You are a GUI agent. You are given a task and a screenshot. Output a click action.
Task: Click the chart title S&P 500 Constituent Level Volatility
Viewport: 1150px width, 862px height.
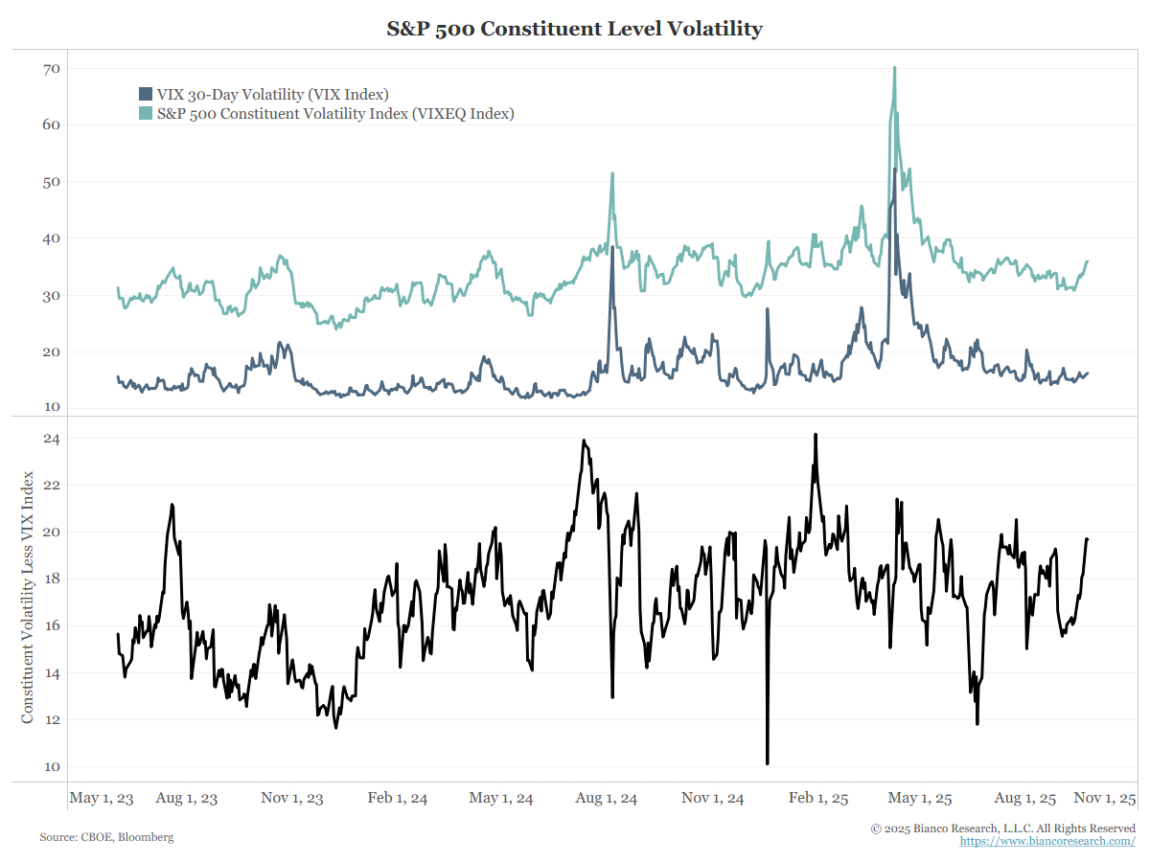pos(574,29)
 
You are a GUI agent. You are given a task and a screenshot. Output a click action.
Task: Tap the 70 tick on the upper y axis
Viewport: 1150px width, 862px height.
pos(51,69)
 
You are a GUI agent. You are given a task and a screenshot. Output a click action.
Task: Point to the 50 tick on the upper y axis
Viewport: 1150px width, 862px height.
pos(51,182)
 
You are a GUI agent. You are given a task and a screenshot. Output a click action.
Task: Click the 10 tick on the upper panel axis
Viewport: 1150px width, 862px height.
pos(51,408)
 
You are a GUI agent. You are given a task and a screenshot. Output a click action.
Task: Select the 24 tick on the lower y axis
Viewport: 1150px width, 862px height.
pos(51,439)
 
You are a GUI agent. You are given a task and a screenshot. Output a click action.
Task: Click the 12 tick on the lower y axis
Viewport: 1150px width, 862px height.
pos(51,720)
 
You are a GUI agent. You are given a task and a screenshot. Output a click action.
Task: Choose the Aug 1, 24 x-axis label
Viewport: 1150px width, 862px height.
pos(609,798)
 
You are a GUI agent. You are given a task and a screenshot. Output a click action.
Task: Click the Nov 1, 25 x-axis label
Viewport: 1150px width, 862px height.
pos(1105,798)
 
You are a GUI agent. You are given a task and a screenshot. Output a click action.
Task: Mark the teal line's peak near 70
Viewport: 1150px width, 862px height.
pos(894,68)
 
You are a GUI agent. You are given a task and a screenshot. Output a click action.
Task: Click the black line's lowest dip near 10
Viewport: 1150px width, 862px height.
pos(768,763)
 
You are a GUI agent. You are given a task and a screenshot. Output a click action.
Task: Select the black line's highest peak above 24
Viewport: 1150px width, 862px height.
pos(816,435)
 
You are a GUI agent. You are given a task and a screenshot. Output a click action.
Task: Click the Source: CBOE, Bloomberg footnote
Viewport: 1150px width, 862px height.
pos(106,837)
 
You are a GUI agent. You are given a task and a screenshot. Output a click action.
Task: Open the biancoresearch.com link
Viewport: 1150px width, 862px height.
pos(1047,841)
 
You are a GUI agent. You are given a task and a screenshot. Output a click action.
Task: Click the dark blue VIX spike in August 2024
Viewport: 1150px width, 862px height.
pos(612,248)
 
